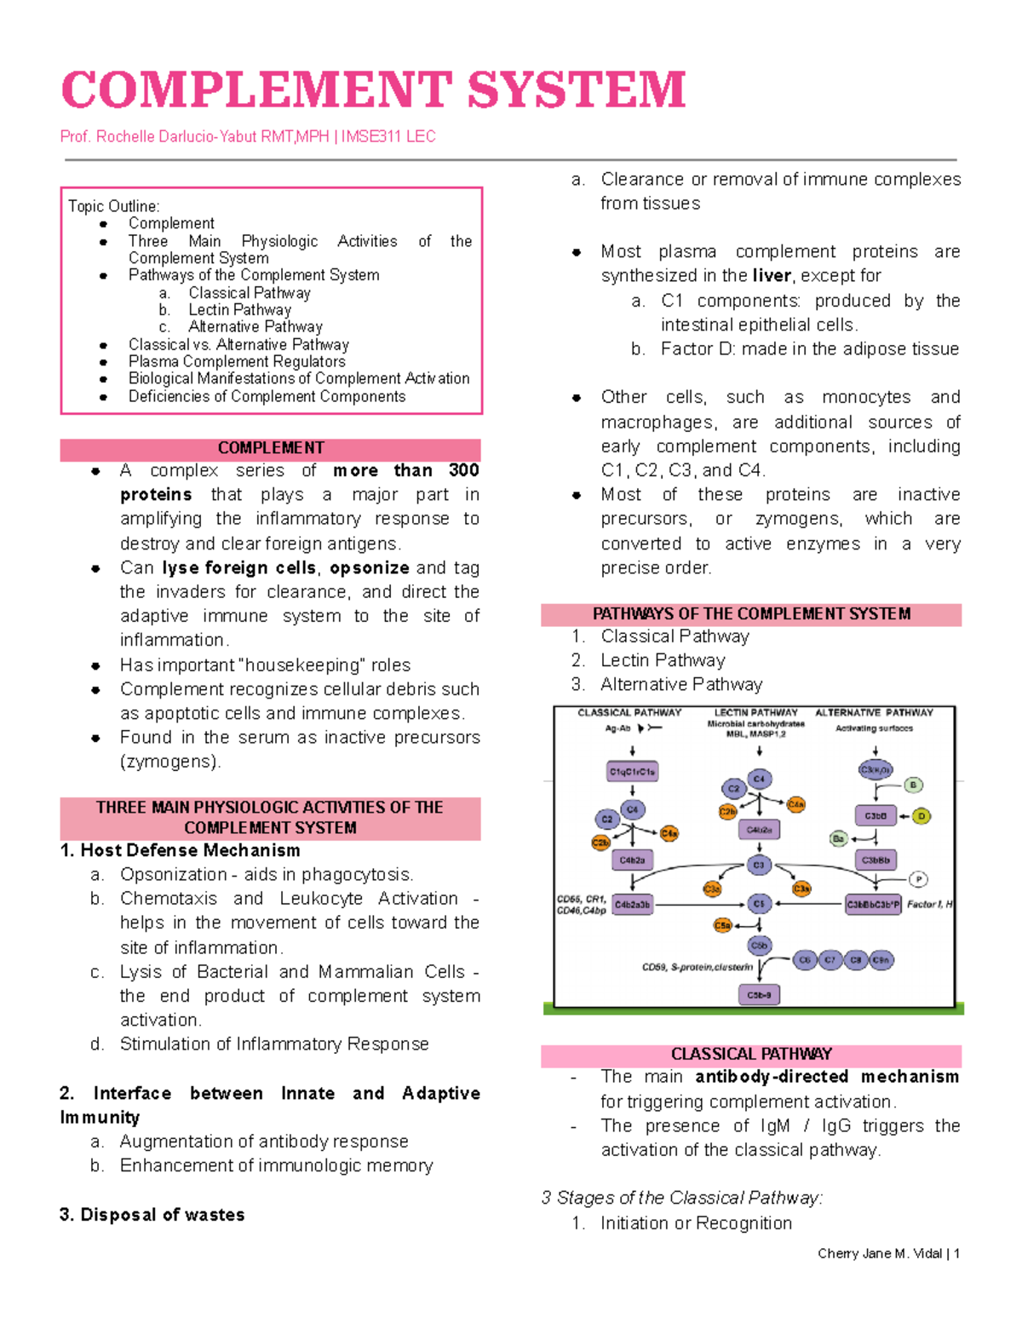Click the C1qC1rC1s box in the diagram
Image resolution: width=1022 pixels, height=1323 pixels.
632,772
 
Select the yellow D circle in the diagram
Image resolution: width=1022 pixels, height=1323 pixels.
922,816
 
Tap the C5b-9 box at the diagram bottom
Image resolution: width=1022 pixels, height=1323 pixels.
759,994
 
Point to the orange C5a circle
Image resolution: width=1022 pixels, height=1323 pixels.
723,925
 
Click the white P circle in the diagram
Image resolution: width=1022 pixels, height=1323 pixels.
918,879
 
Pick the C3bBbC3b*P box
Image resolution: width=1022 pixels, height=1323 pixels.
873,905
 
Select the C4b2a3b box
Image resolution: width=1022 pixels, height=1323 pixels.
633,905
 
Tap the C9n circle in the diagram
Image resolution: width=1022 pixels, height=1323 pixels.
881,960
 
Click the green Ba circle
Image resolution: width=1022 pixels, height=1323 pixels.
839,839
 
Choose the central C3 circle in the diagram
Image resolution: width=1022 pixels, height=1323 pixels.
759,866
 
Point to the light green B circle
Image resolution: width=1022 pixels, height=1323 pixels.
913,785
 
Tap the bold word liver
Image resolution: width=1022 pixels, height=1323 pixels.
772,276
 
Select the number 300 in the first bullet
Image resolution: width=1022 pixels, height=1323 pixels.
463,470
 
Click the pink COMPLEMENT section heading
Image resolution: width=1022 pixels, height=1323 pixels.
271,448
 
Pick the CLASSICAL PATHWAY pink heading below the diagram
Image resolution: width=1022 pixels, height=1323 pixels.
751,1055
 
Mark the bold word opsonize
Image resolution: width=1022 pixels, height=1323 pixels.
370,568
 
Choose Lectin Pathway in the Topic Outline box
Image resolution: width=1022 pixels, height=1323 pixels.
239,310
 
